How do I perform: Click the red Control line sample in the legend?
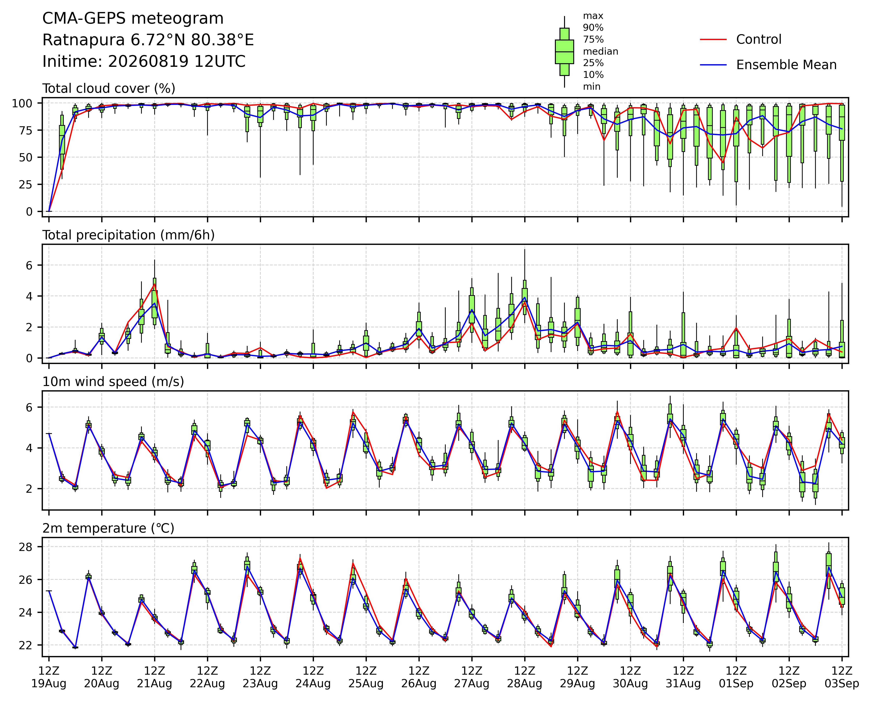point(714,40)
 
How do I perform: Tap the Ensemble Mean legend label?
point(786,65)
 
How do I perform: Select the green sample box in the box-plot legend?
point(564,52)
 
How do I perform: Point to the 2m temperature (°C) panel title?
point(108,528)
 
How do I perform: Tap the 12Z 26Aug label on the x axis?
point(419,677)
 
